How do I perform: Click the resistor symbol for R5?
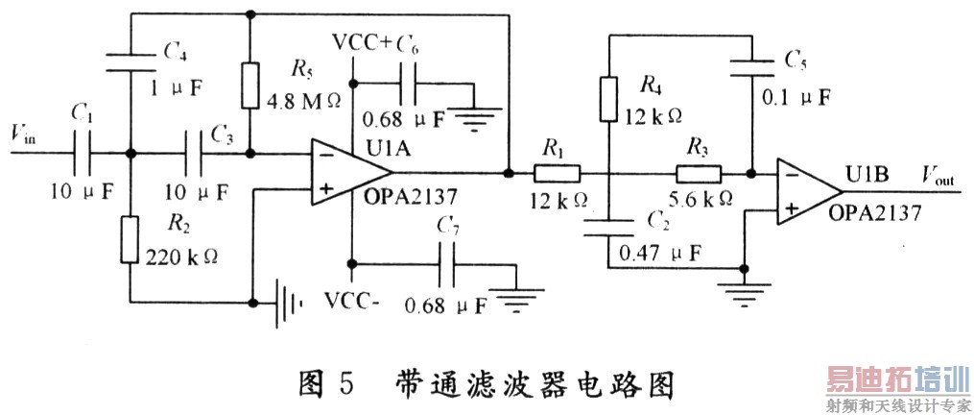tap(250, 85)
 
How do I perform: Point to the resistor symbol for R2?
tap(130, 239)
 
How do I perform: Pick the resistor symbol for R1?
tap(557, 174)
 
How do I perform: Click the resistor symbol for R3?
tap(700, 174)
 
